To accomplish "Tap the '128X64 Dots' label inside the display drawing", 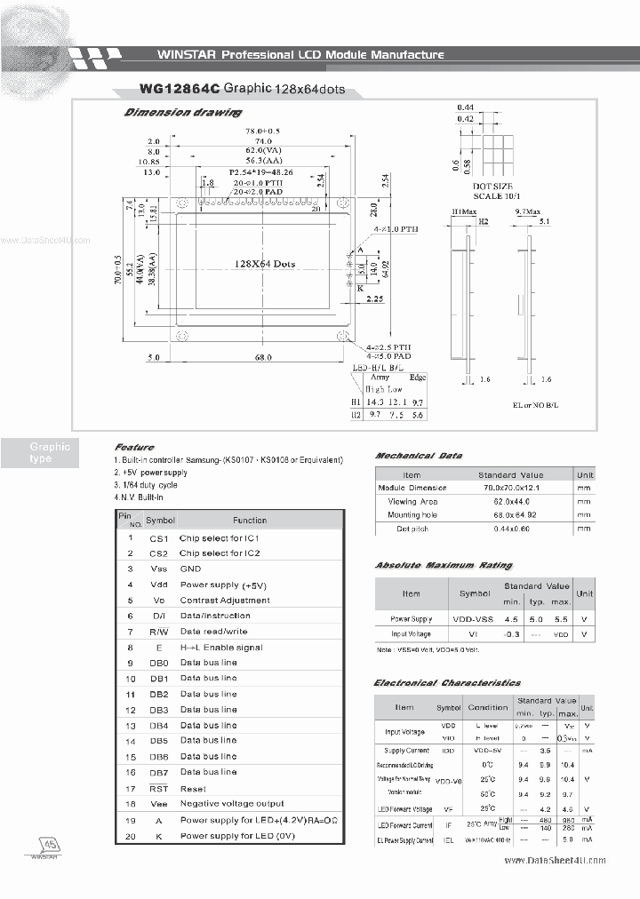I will (264, 264).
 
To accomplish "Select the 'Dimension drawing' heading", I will (182, 113).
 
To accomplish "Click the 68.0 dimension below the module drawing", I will (263, 358).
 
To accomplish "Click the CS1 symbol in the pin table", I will (158, 538).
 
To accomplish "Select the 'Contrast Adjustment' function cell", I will (225, 601).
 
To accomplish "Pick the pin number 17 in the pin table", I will (130, 788).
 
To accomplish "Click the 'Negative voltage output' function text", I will (232, 803).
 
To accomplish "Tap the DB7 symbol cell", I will (158, 772).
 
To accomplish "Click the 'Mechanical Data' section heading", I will (418, 456).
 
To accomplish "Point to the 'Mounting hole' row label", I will (412, 515).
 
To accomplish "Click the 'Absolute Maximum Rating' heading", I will (444, 566).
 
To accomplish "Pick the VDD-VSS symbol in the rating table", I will (474, 618).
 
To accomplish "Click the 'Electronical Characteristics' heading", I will (447, 682).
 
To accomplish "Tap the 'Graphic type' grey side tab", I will (50, 452).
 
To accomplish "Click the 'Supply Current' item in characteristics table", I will (406, 751).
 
